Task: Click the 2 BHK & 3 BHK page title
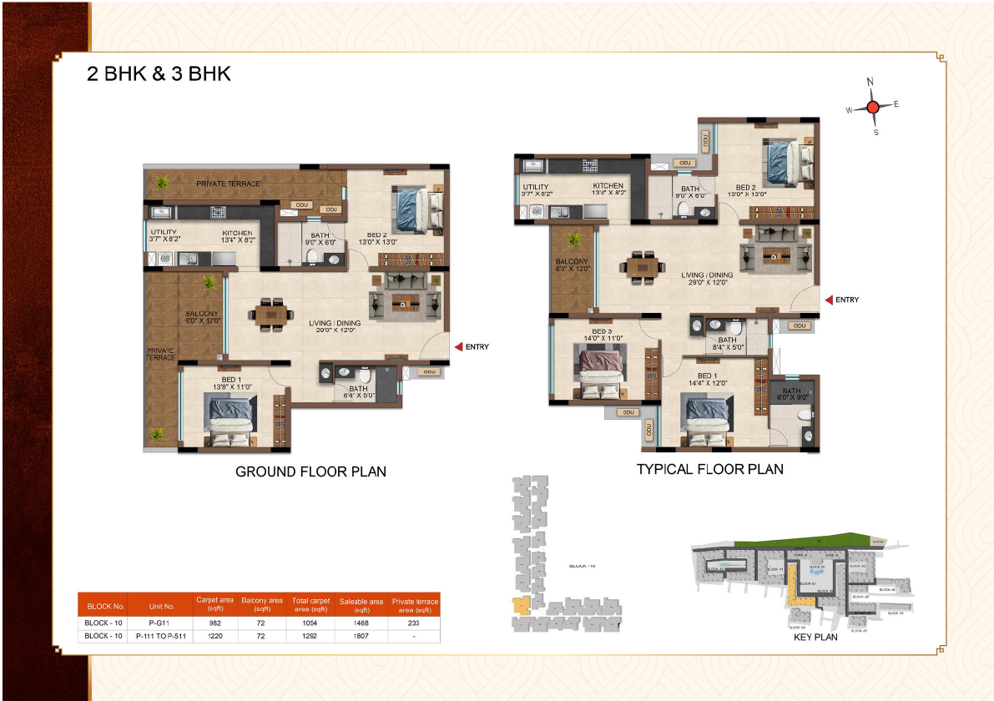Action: click(159, 73)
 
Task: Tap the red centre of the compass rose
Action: click(873, 107)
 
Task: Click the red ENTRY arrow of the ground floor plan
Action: click(458, 347)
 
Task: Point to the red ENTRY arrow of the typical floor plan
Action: click(829, 300)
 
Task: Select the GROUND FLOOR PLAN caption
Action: click(310, 472)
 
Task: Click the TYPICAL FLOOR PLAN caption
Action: click(709, 469)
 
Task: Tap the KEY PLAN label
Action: click(815, 637)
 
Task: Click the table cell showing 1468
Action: click(361, 623)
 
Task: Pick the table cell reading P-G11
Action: click(161, 623)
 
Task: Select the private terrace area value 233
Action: click(414, 623)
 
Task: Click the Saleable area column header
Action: click(361, 605)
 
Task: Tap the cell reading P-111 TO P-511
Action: click(161, 637)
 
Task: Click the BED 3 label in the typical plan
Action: click(602, 331)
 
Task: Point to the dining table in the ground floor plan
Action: click(271, 315)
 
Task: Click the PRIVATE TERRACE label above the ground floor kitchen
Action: click(228, 184)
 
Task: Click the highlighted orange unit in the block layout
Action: click(522, 606)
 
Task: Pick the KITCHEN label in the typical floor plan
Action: click(608, 186)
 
